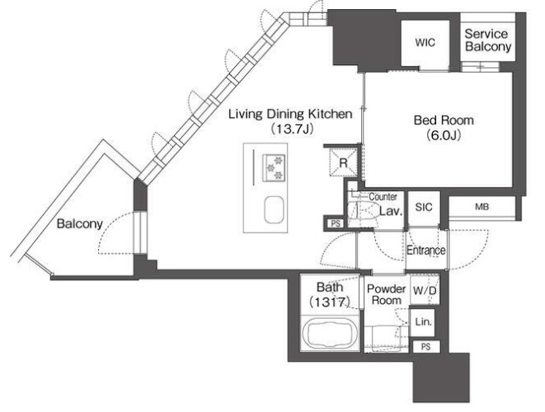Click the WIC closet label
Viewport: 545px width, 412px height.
tap(425, 43)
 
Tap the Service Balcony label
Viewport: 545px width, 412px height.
tap(487, 40)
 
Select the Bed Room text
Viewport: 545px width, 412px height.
tap(444, 120)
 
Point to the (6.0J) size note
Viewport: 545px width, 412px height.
tap(444, 135)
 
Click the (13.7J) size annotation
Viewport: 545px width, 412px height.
tap(293, 129)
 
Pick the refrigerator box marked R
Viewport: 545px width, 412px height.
tap(343, 162)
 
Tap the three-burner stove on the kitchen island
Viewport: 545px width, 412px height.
tap(275, 167)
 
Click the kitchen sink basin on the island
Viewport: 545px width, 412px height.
tap(275, 210)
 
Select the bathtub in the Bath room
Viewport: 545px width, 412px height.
tap(329, 333)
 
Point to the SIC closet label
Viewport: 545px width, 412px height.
tap(424, 207)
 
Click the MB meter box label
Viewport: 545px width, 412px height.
tap(482, 207)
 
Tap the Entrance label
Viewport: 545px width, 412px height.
tap(425, 250)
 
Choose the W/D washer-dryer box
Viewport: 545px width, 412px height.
tap(425, 290)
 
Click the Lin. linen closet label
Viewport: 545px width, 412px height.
tap(423, 321)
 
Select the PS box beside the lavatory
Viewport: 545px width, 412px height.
tap(336, 223)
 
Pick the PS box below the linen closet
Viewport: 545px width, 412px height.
tap(425, 347)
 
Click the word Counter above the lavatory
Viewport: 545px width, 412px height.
tap(383, 197)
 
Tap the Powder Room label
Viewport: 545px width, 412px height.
tap(386, 294)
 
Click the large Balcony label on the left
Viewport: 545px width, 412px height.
tap(80, 223)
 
